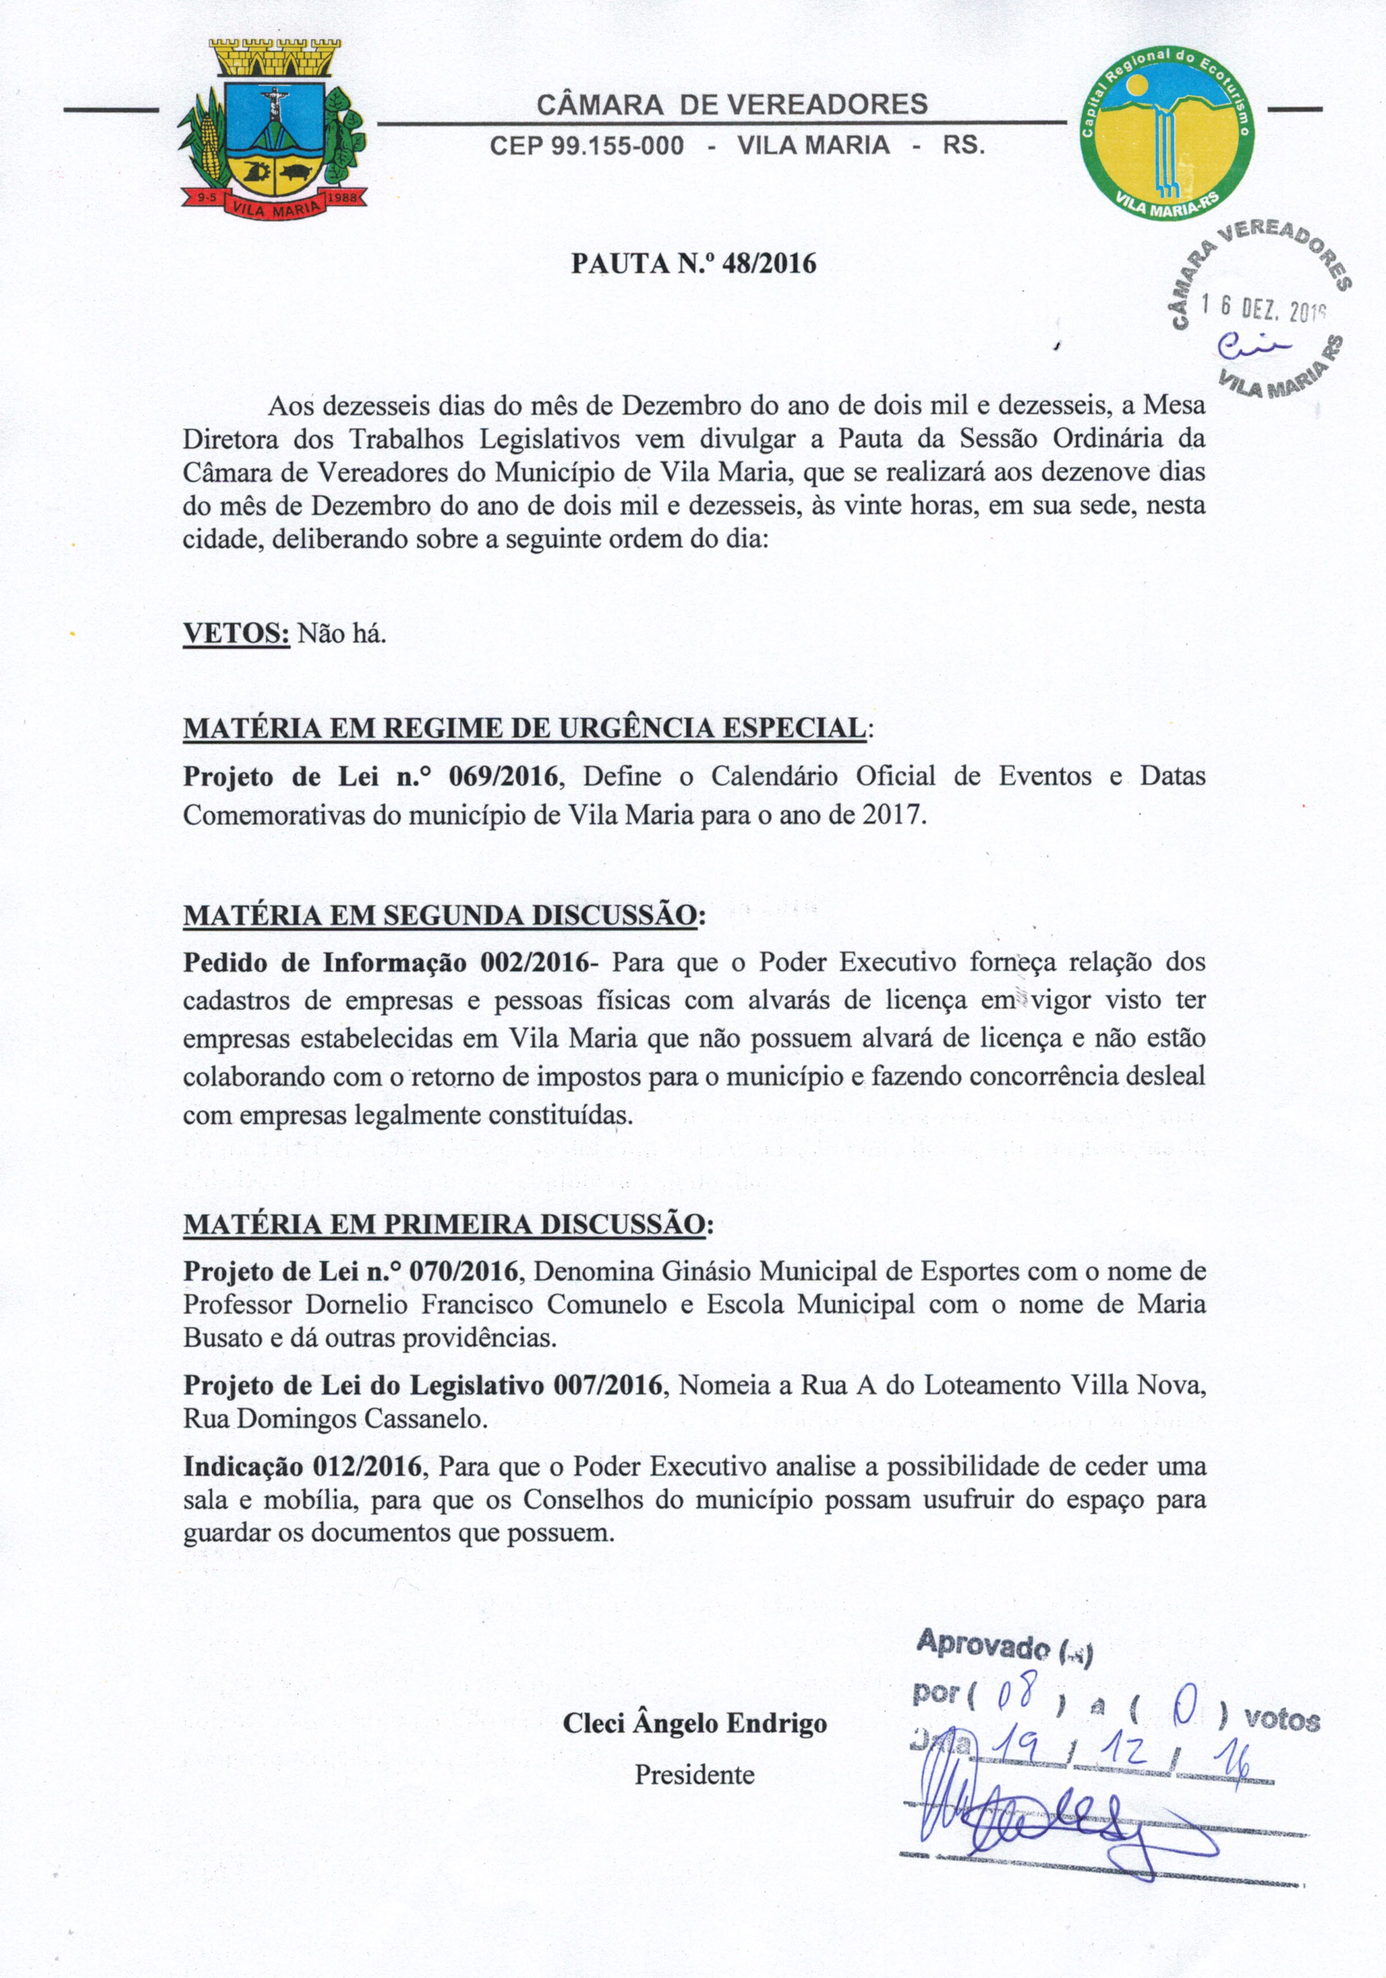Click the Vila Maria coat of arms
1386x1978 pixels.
click(272, 129)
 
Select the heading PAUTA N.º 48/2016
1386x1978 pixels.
click(693, 263)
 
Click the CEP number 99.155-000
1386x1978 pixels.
click(587, 144)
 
